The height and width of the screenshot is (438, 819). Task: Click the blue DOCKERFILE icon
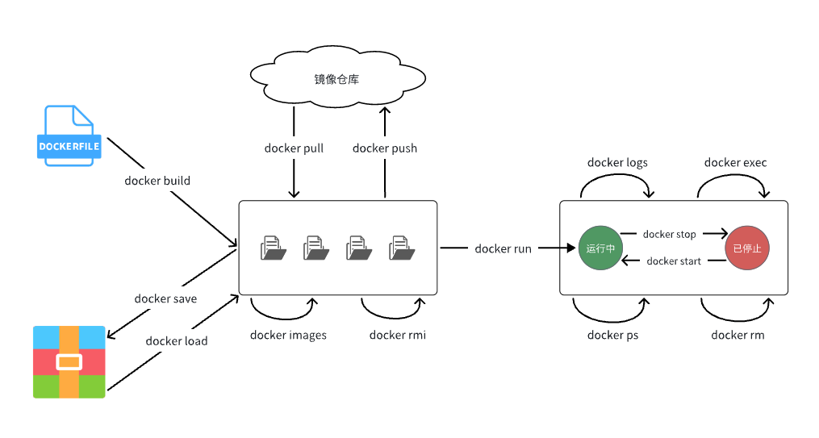pos(69,136)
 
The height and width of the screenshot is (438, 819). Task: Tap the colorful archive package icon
pos(69,362)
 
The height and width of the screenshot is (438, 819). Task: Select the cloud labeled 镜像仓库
pos(337,77)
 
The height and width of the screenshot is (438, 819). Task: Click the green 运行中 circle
pos(600,248)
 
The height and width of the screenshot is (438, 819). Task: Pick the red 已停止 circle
pos(747,248)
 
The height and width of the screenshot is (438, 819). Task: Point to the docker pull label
pos(294,148)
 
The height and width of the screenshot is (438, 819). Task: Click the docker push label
pos(385,148)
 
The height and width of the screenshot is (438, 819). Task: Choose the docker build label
pos(157,181)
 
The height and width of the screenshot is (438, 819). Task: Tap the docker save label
pos(165,298)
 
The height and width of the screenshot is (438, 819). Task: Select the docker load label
pos(177,341)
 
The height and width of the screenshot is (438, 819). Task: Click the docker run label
pos(503,249)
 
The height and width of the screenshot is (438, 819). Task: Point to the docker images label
pos(288,336)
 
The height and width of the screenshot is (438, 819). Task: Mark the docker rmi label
pos(398,336)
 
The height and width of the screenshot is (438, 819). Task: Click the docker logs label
pos(617,163)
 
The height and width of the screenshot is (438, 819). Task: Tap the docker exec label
pos(735,162)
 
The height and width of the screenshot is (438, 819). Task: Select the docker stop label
pos(670,235)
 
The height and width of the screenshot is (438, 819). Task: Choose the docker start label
pos(674,261)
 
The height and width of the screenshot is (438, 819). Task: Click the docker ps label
pos(612,336)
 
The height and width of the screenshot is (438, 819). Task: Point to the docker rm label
pos(738,336)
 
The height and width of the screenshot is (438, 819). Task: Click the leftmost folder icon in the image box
pos(274,248)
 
